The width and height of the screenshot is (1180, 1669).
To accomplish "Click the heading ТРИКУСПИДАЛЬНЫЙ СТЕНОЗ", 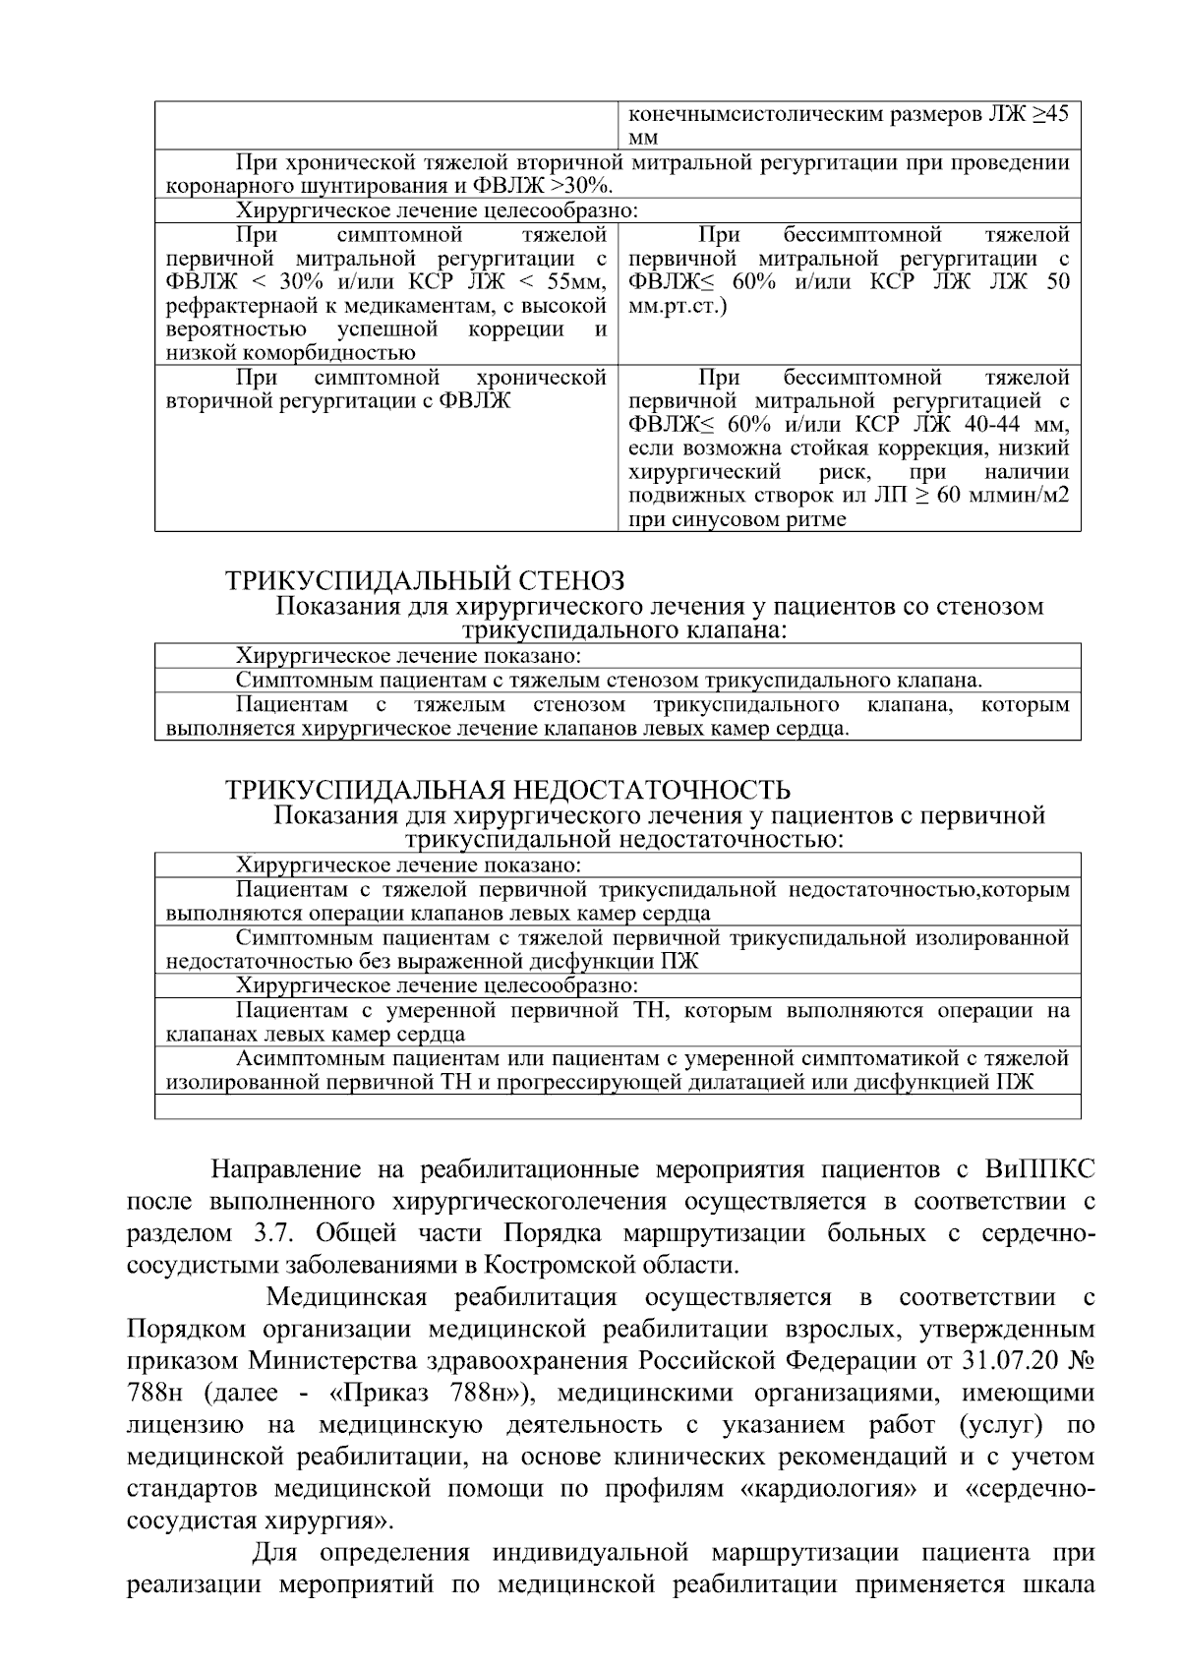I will [425, 580].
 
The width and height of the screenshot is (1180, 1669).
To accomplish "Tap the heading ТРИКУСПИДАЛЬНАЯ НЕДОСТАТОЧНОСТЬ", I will [507, 790].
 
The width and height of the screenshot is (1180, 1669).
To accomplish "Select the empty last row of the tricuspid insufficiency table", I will [618, 1107].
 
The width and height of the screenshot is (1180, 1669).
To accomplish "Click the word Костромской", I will [567, 1265].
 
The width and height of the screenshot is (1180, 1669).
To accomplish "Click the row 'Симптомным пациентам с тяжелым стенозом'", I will [609, 681].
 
